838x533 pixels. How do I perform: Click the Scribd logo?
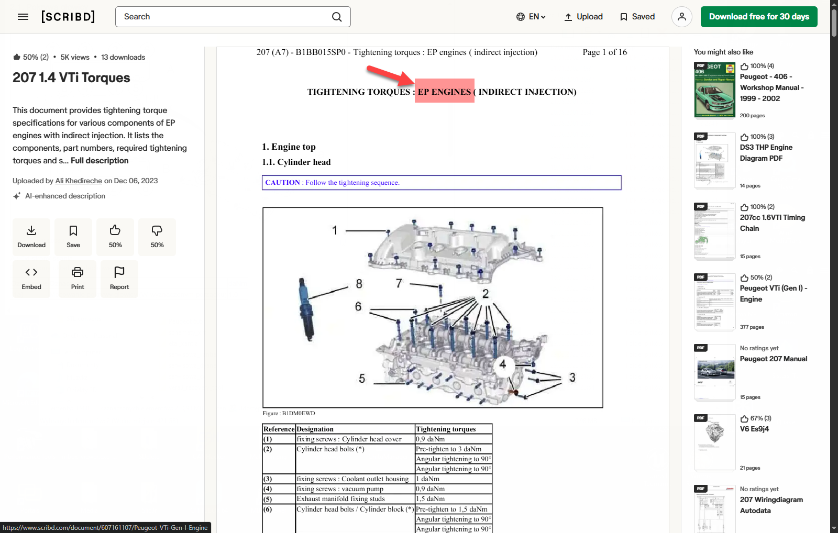coord(68,17)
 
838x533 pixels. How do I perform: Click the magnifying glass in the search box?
coord(337,17)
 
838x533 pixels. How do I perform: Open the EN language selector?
coord(531,17)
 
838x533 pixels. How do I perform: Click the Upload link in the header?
coord(583,17)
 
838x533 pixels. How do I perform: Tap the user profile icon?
coord(681,17)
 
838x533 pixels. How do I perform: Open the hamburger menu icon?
coord(23,17)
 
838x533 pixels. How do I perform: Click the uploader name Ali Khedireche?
coord(79,181)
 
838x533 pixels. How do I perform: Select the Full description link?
coord(100,160)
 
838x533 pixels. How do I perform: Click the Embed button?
coord(31,279)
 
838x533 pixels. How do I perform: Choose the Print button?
coord(78,279)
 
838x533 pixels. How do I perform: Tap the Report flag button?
coord(119,279)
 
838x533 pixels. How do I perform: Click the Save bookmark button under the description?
coord(73,237)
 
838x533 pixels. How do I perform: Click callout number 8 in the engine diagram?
coord(359,284)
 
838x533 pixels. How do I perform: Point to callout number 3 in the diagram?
coord(572,377)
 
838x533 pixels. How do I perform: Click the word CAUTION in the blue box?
coord(282,183)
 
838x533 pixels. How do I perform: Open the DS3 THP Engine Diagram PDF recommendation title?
coord(766,152)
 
